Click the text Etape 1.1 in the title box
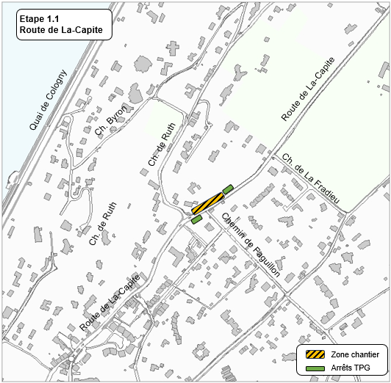37,20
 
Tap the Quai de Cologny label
49,100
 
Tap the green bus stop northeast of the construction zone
228,189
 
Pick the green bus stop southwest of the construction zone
196,219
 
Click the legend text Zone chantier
356,354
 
